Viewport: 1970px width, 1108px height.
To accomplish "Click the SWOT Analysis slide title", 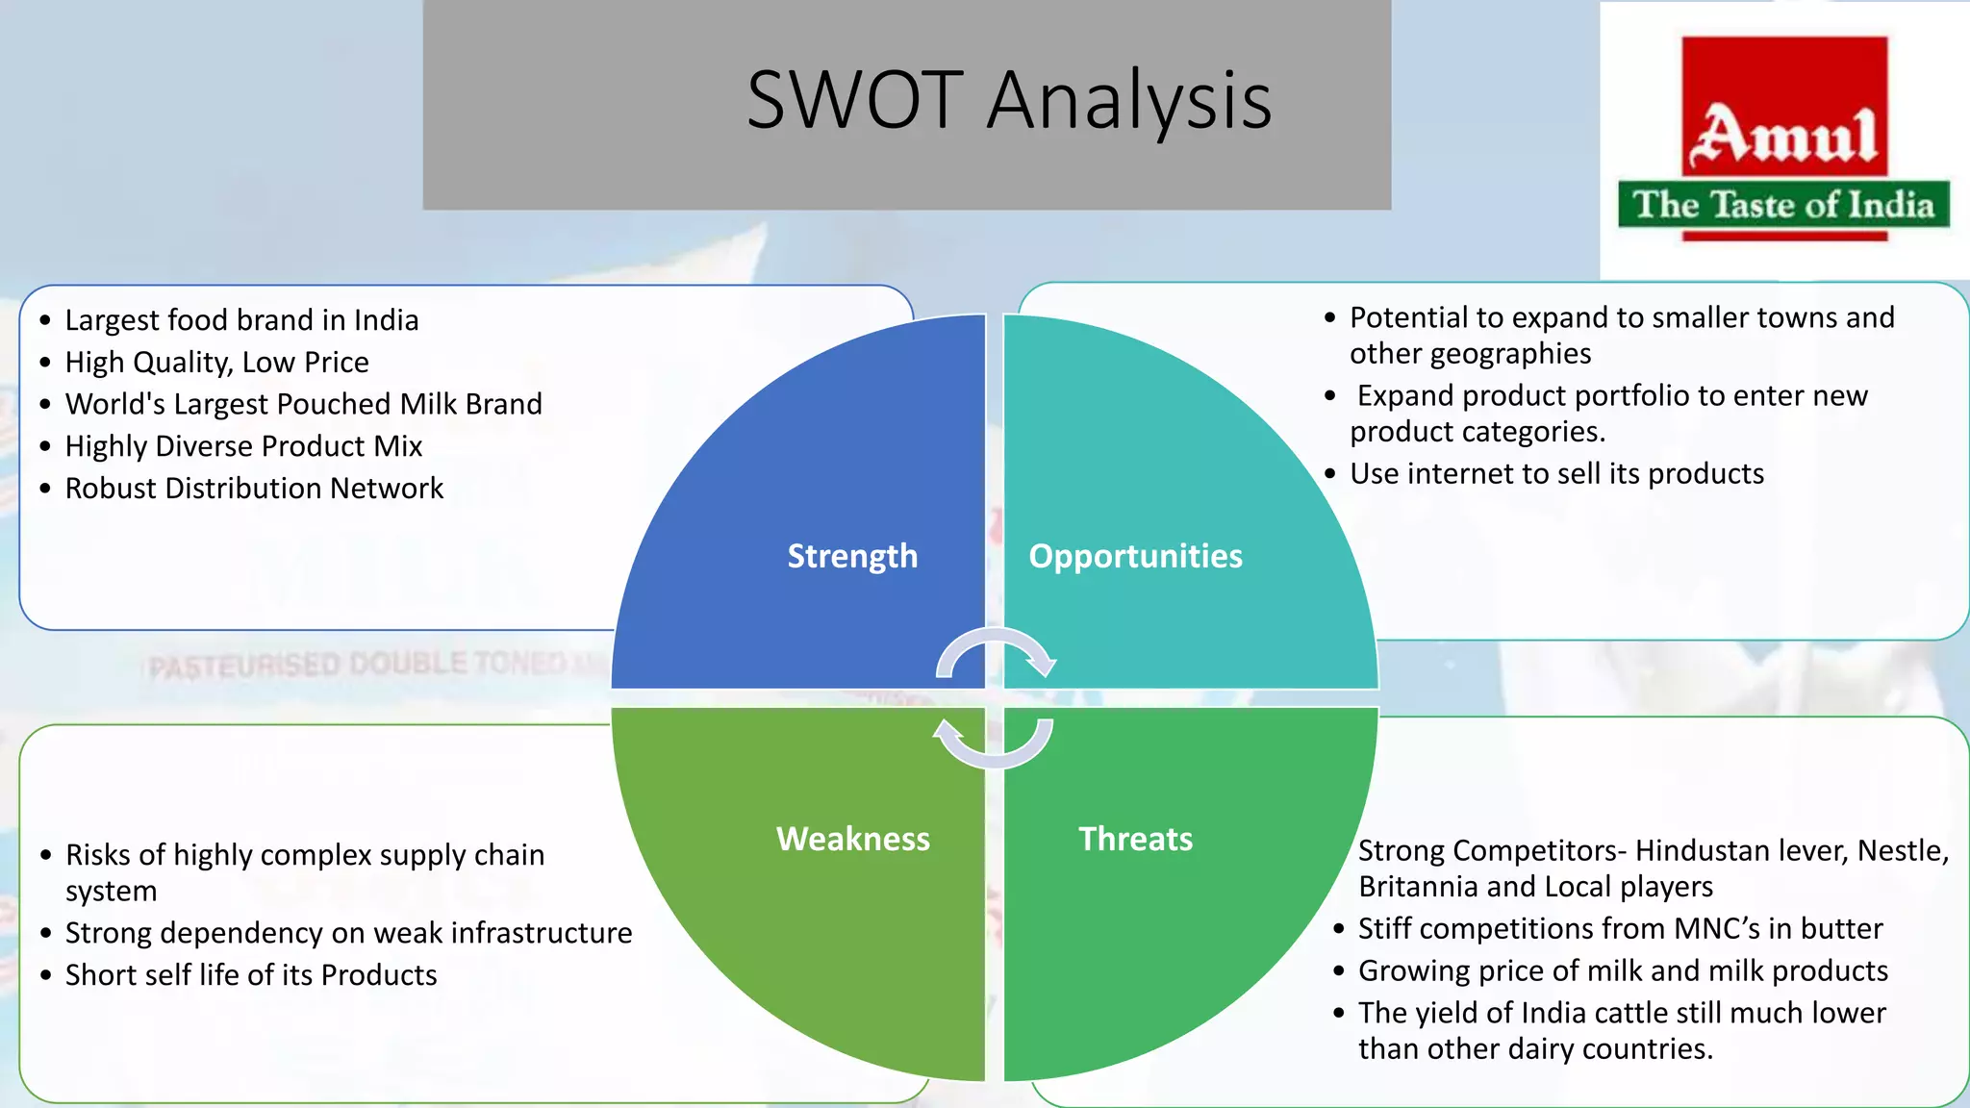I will point(1008,101).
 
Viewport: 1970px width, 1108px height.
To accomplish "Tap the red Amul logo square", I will point(1784,106).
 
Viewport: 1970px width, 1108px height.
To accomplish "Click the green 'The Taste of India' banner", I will point(1783,205).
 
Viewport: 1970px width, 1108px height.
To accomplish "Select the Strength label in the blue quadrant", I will point(852,556).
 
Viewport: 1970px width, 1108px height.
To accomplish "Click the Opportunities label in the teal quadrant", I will point(1135,556).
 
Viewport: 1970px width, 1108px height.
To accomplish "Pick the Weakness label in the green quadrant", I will point(852,839).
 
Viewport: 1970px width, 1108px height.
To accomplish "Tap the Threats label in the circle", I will point(1135,839).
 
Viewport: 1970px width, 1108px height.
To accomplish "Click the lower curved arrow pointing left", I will point(993,745).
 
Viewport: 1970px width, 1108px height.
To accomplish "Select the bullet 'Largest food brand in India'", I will point(241,320).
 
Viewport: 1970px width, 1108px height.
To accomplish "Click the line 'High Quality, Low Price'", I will point(216,363).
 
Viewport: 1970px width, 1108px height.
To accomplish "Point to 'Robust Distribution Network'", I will point(254,489).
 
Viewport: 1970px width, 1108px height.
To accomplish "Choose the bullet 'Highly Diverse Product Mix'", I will point(243,446).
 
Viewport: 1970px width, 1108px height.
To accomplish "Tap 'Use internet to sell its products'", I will point(1556,474).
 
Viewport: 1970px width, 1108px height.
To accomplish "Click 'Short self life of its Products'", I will point(251,975).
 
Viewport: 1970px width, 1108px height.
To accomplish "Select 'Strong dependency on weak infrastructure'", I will point(348,933).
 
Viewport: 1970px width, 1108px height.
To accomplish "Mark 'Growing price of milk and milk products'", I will point(1623,971).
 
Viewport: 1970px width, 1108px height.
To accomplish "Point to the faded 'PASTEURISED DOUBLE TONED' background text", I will point(356,665).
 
